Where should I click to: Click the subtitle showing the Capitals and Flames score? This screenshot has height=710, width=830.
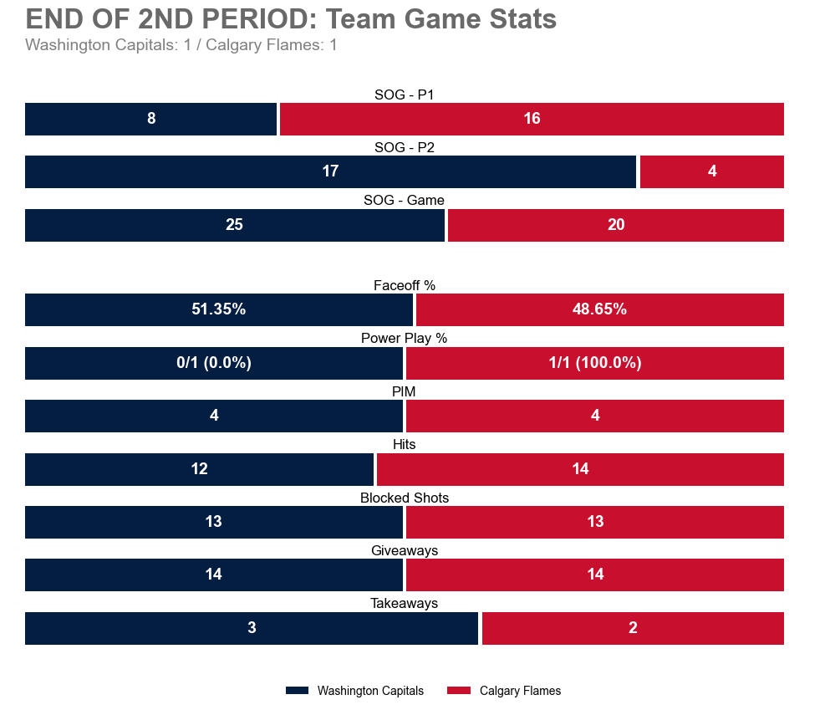181,45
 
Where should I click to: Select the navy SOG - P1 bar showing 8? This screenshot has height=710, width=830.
150,119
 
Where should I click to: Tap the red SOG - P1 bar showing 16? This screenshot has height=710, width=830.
532,119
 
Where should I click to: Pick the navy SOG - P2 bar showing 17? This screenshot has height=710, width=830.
330,171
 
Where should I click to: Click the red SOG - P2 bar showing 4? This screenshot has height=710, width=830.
712,171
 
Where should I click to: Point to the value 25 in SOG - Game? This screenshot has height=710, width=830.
234,225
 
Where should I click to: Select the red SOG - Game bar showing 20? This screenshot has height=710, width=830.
616,225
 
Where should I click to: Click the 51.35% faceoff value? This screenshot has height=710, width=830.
218,309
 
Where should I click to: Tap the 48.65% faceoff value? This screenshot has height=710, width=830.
599,309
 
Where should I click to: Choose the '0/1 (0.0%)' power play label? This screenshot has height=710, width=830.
214,363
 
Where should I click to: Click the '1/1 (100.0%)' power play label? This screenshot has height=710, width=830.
595,363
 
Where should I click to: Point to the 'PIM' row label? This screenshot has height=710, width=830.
405,391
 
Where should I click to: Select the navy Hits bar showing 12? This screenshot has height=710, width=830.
199,469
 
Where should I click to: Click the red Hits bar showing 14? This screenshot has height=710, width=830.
580,469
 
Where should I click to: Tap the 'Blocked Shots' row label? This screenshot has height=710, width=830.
405,498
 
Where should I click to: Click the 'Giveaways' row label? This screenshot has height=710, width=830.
405,550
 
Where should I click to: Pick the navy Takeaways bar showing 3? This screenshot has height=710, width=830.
252,628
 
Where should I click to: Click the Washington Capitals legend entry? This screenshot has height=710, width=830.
355,691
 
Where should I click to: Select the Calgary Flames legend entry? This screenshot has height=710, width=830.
505,691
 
